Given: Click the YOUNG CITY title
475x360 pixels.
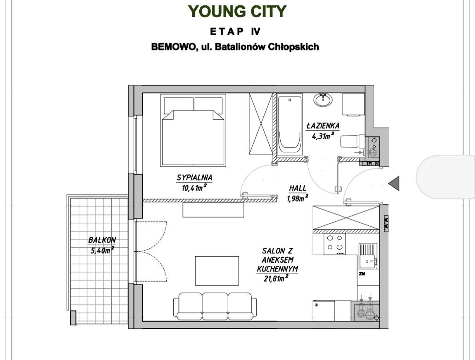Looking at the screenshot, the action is pos(237,11).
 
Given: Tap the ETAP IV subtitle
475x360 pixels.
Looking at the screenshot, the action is pos(235,32).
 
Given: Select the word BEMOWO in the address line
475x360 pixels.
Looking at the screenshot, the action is pos(173,47).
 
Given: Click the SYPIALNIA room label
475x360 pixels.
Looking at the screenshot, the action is pos(194,177).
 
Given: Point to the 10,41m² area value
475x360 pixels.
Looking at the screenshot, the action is pos(194,188).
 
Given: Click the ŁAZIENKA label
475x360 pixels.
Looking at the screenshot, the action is pos(323,125).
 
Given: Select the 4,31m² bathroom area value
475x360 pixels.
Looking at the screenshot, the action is pos(323,136).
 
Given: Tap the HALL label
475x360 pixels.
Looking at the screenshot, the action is pos(297,188).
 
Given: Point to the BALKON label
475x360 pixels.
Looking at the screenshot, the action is pos(102,240).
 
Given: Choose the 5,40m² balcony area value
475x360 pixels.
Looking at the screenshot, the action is pos(102,250).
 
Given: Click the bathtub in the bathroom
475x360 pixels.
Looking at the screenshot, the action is pos(290,125).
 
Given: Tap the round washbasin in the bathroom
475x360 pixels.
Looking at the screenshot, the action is pos(323,100).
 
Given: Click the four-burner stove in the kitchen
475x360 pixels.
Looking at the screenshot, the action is pos(335,244).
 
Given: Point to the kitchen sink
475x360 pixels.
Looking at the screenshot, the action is pos(368,256).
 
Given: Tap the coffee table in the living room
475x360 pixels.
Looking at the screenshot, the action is pos(217,271).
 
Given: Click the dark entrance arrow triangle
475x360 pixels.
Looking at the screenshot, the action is pos(394,184).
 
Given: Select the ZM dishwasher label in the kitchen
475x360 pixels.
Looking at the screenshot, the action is pos(362,274).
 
